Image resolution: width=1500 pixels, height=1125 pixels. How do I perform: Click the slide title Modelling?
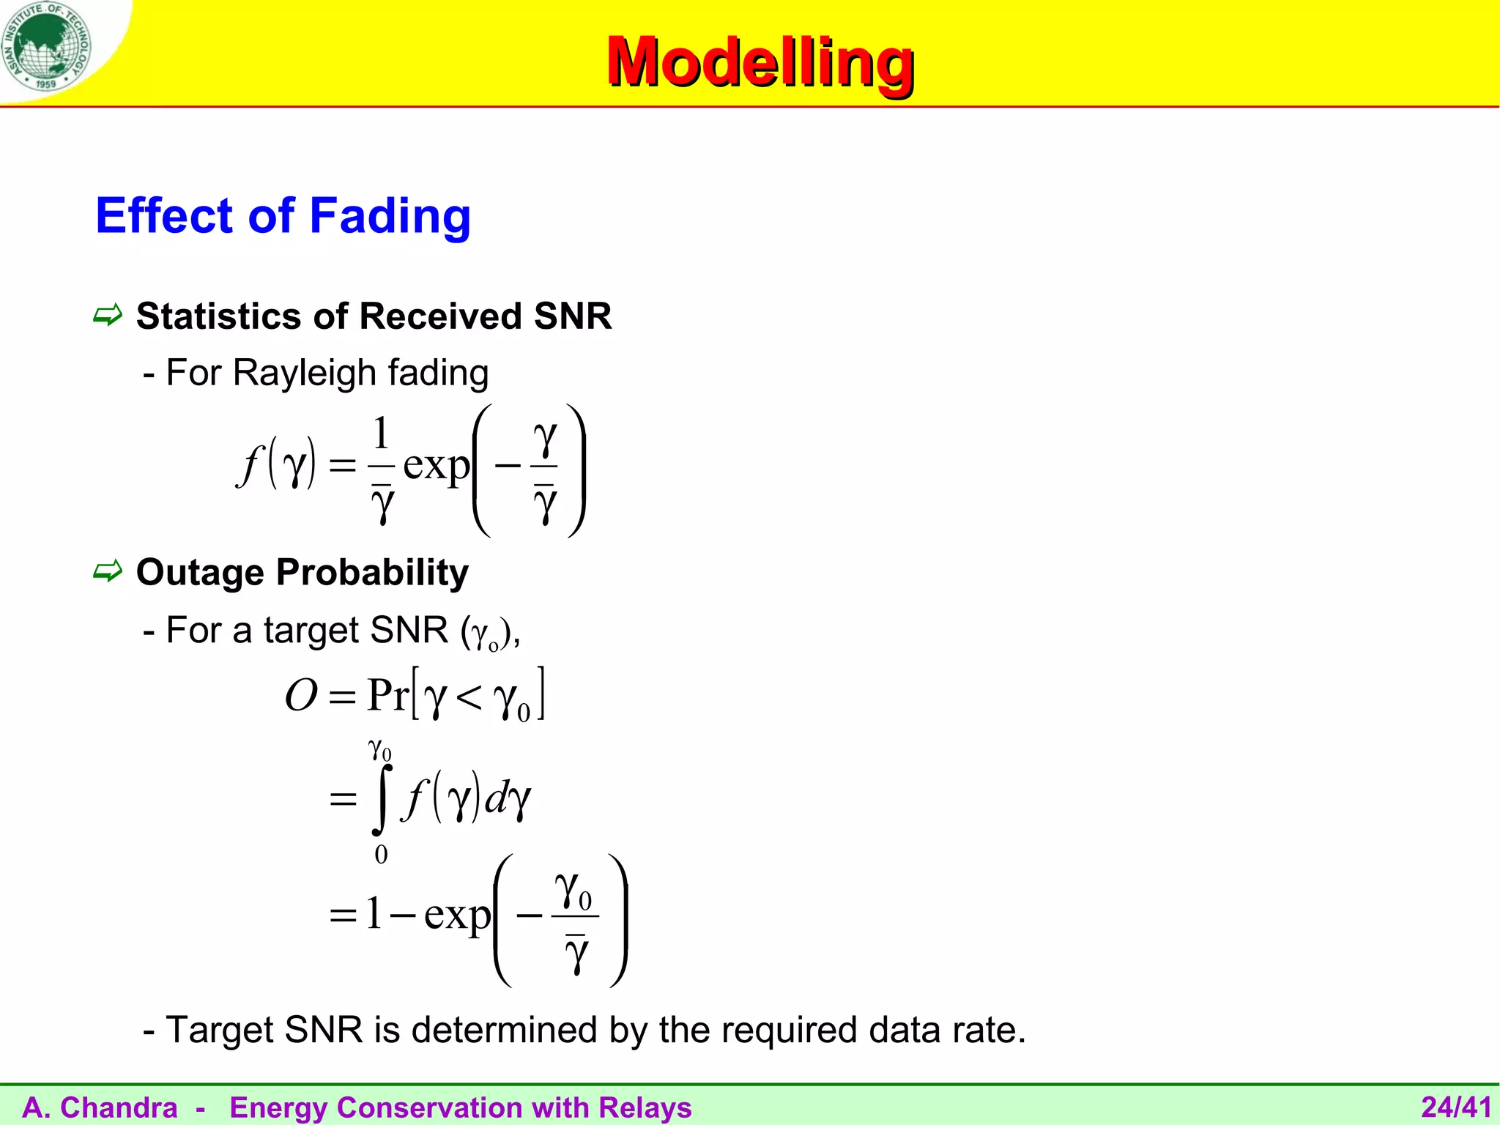[760, 63]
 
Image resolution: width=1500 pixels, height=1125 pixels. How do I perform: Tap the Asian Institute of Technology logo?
[46, 45]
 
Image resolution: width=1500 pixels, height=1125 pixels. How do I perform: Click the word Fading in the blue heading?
[390, 216]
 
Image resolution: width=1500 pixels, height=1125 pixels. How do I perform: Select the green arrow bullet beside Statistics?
[108, 316]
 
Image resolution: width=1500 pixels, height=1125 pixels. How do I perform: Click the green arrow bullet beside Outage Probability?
[108, 571]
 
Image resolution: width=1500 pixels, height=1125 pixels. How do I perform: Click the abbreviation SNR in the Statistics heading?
[573, 316]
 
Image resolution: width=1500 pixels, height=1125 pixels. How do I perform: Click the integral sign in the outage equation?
[381, 799]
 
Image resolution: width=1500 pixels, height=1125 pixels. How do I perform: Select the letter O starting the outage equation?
[301, 695]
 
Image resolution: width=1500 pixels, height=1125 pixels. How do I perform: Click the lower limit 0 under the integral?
[381, 855]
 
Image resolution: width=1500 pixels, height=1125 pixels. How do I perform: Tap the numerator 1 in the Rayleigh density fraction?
[381, 434]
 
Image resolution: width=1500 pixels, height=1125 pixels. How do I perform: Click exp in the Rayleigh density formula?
[436, 466]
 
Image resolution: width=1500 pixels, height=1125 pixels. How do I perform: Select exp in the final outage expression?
[457, 915]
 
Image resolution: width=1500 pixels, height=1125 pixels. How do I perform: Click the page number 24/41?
[1455, 1107]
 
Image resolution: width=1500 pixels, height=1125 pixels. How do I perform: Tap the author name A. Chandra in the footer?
[100, 1107]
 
